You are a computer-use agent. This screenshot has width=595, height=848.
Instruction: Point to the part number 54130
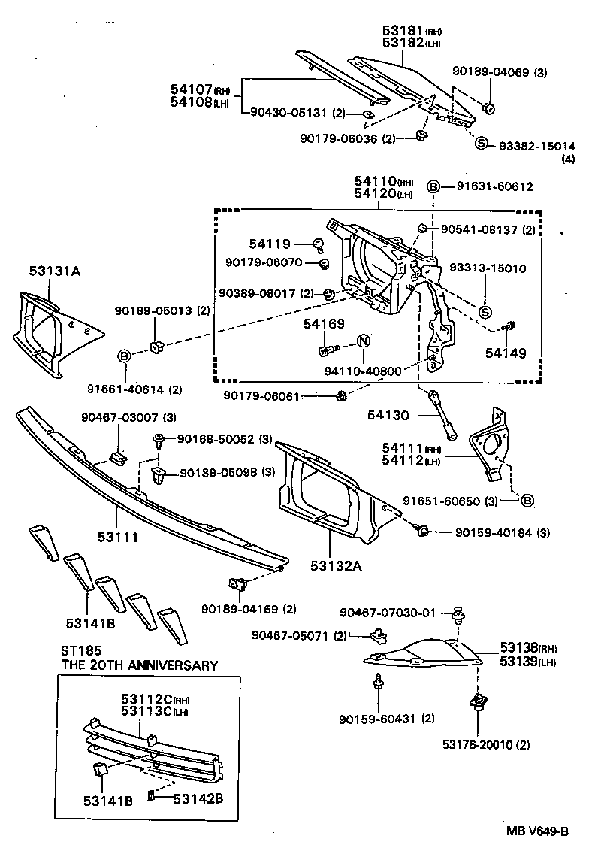(389, 413)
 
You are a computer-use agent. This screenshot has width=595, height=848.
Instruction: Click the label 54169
(324, 324)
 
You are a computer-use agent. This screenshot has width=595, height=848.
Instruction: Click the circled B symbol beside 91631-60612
(433, 186)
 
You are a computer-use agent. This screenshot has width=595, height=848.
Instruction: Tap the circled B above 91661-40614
(125, 355)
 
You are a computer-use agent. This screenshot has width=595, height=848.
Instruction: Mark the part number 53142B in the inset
(198, 798)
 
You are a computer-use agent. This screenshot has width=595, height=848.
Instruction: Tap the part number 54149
(505, 352)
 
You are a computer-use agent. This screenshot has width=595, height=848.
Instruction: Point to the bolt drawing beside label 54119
(319, 244)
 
